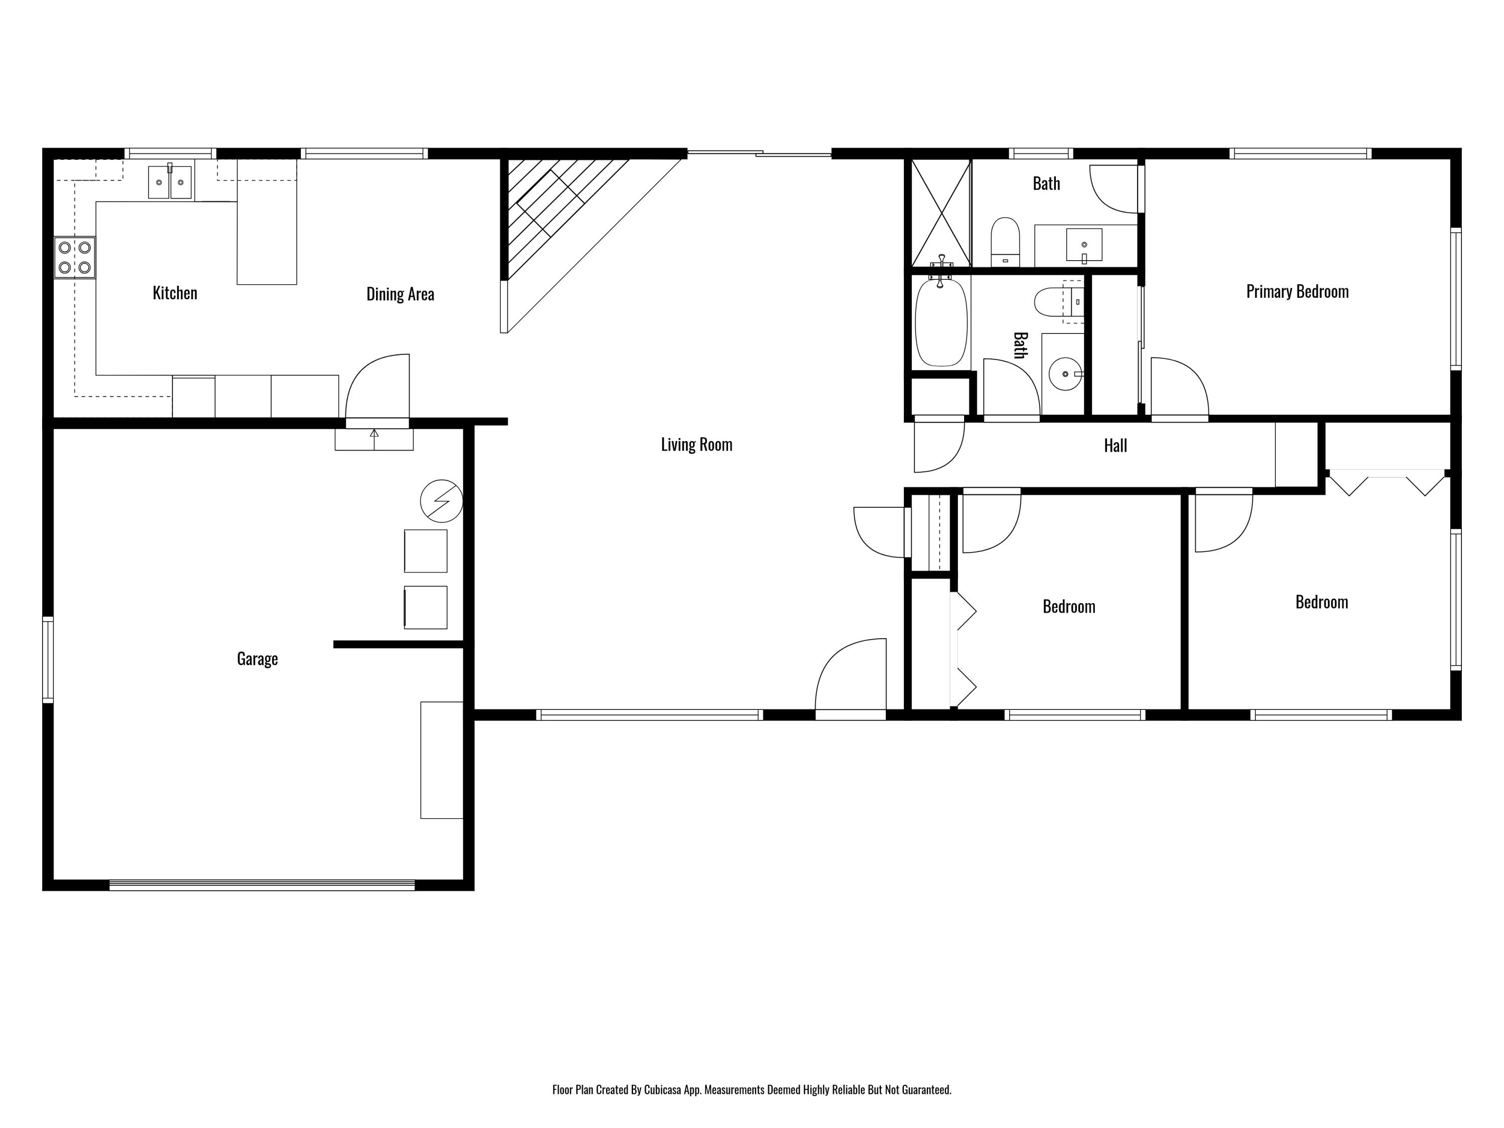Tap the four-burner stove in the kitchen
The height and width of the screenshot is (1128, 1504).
click(x=75, y=258)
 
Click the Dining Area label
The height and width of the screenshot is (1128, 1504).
click(x=400, y=294)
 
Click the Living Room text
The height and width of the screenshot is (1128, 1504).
click(x=696, y=445)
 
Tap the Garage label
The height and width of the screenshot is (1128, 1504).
click(x=257, y=659)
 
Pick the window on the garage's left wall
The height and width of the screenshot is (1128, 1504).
click(x=48, y=659)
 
